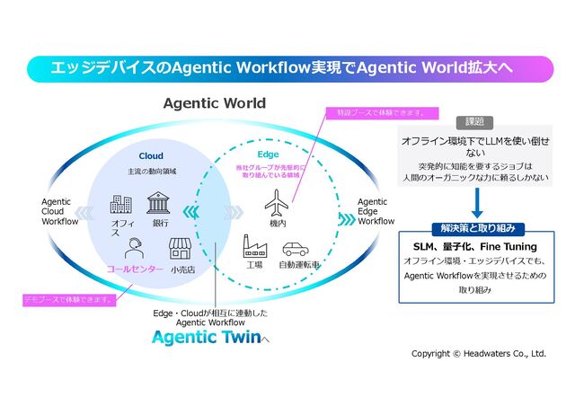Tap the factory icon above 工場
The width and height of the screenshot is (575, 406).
[254, 246]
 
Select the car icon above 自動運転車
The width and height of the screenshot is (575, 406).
[295, 248]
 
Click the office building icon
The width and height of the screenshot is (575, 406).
[121, 205]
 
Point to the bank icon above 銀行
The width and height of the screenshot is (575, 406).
[160, 202]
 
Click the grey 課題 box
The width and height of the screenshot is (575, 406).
[475, 121]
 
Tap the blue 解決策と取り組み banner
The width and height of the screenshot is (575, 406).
[475, 228]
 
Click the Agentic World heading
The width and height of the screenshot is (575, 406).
[214, 103]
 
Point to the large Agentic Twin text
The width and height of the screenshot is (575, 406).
[206, 339]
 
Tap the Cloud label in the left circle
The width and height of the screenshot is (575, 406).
[150, 155]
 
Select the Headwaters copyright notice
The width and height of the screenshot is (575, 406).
[478, 354]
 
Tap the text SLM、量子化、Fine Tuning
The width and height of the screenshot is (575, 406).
[475, 246]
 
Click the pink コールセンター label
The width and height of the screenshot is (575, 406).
[135, 269]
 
